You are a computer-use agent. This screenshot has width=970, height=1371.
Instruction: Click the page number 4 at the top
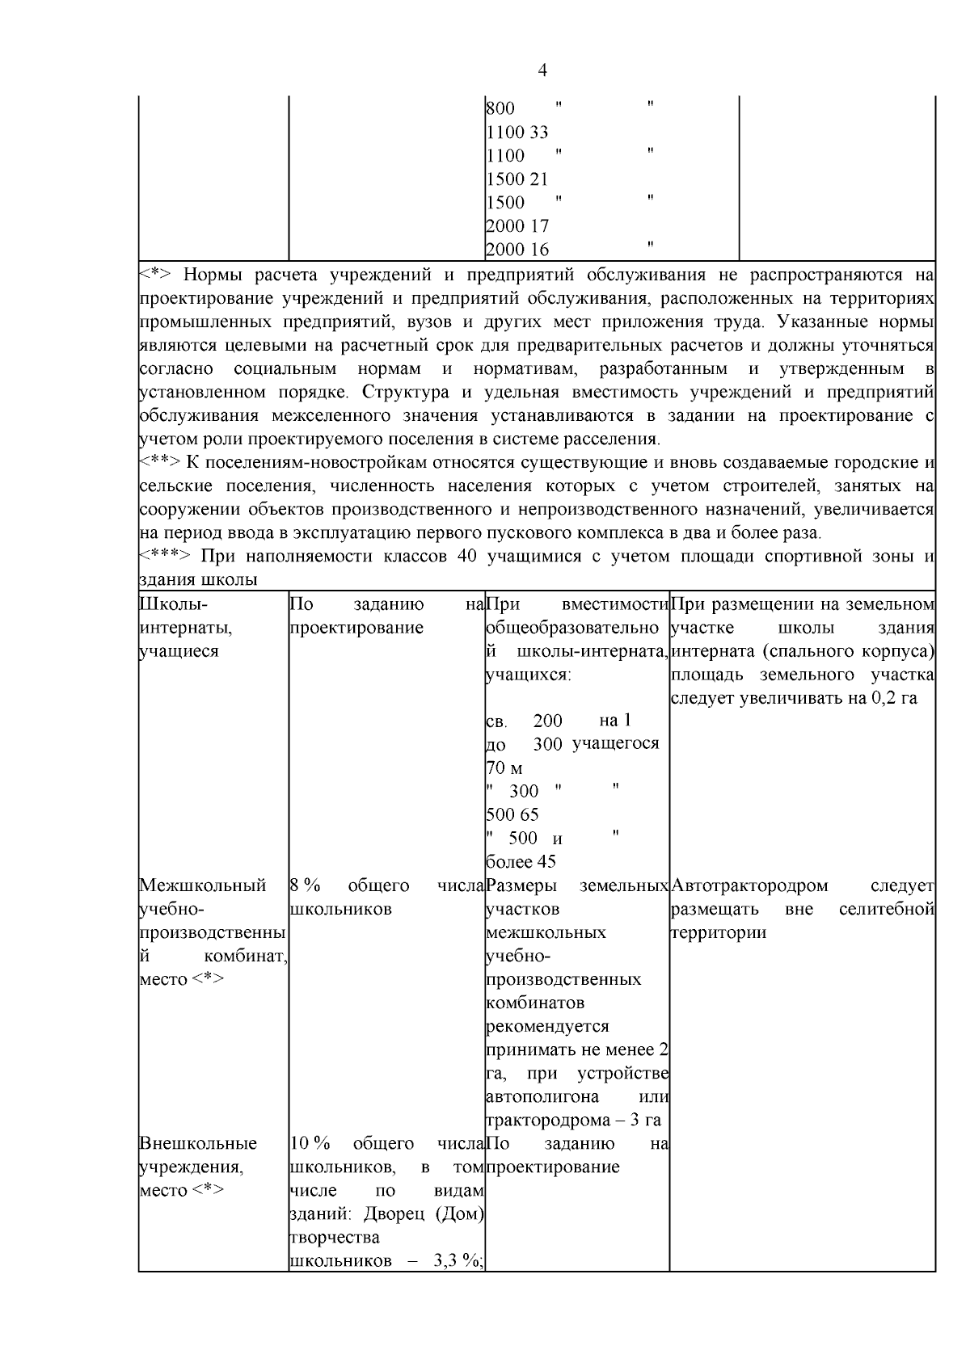coord(542,71)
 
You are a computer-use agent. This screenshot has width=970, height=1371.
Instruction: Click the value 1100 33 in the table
coord(517,132)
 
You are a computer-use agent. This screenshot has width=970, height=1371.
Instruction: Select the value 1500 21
coord(517,179)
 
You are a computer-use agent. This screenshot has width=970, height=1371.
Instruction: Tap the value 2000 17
coord(517,226)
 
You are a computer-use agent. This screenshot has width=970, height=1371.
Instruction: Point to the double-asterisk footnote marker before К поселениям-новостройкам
coord(158,463)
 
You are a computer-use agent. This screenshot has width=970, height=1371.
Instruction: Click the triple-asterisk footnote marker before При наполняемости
coord(164,557)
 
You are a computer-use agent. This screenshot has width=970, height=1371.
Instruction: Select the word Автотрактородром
coord(749,885)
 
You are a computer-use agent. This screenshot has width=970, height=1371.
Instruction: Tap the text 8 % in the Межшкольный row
coord(304,885)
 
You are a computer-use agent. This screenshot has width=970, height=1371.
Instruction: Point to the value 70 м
coord(504,768)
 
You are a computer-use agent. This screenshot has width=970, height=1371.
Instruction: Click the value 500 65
coord(512,814)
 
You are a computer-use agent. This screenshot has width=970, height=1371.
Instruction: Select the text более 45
coord(521,862)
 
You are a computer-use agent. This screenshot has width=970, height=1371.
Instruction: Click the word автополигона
coord(542,1096)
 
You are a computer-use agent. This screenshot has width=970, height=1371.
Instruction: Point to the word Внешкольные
coord(198,1143)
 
